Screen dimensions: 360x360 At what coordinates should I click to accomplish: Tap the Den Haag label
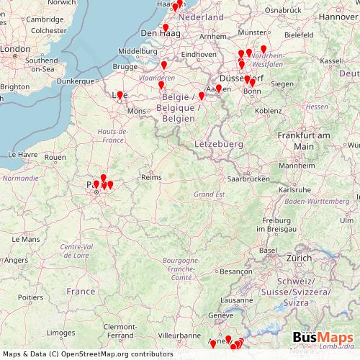point(159,33)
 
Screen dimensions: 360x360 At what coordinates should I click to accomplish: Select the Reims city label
point(151,177)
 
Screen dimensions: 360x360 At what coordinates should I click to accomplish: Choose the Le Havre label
point(22,155)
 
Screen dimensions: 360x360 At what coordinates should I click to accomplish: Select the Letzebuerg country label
point(218,145)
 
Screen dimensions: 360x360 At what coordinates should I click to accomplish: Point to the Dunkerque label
point(75,81)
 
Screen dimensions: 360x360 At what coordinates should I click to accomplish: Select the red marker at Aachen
point(219,89)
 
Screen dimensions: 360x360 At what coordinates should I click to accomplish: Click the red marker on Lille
point(120,94)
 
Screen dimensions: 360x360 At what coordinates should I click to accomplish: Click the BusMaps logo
point(323,338)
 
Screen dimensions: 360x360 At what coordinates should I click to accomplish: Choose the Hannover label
point(338,16)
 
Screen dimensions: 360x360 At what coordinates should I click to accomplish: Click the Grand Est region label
point(210,194)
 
